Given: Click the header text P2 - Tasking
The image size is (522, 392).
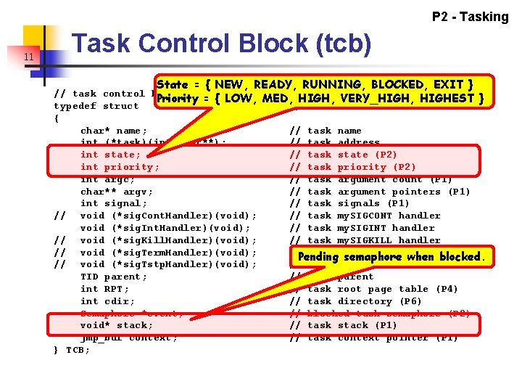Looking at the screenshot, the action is click(x=470, y=17).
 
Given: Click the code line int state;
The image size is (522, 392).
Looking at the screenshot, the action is click(x=110, y=155).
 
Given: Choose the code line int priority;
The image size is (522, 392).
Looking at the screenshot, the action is click(x=120, y=167).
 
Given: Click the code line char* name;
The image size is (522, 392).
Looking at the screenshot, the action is click(x=110, y=131).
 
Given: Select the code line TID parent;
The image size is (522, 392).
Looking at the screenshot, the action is click(x=113, y=277).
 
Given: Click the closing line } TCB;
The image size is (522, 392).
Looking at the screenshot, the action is click(x=72, y=350).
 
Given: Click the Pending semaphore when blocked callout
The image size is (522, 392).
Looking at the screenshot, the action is click(x=391, y=257).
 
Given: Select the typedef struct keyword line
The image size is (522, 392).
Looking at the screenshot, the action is click(x=96, y=106).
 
